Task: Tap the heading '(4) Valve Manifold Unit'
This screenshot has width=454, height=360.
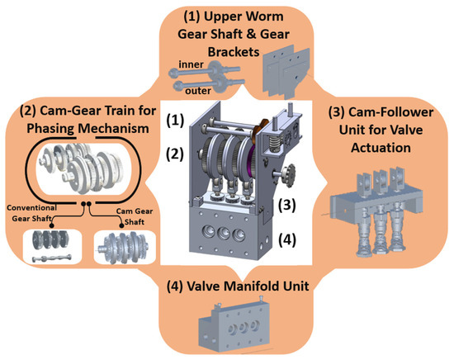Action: (227, 288)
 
